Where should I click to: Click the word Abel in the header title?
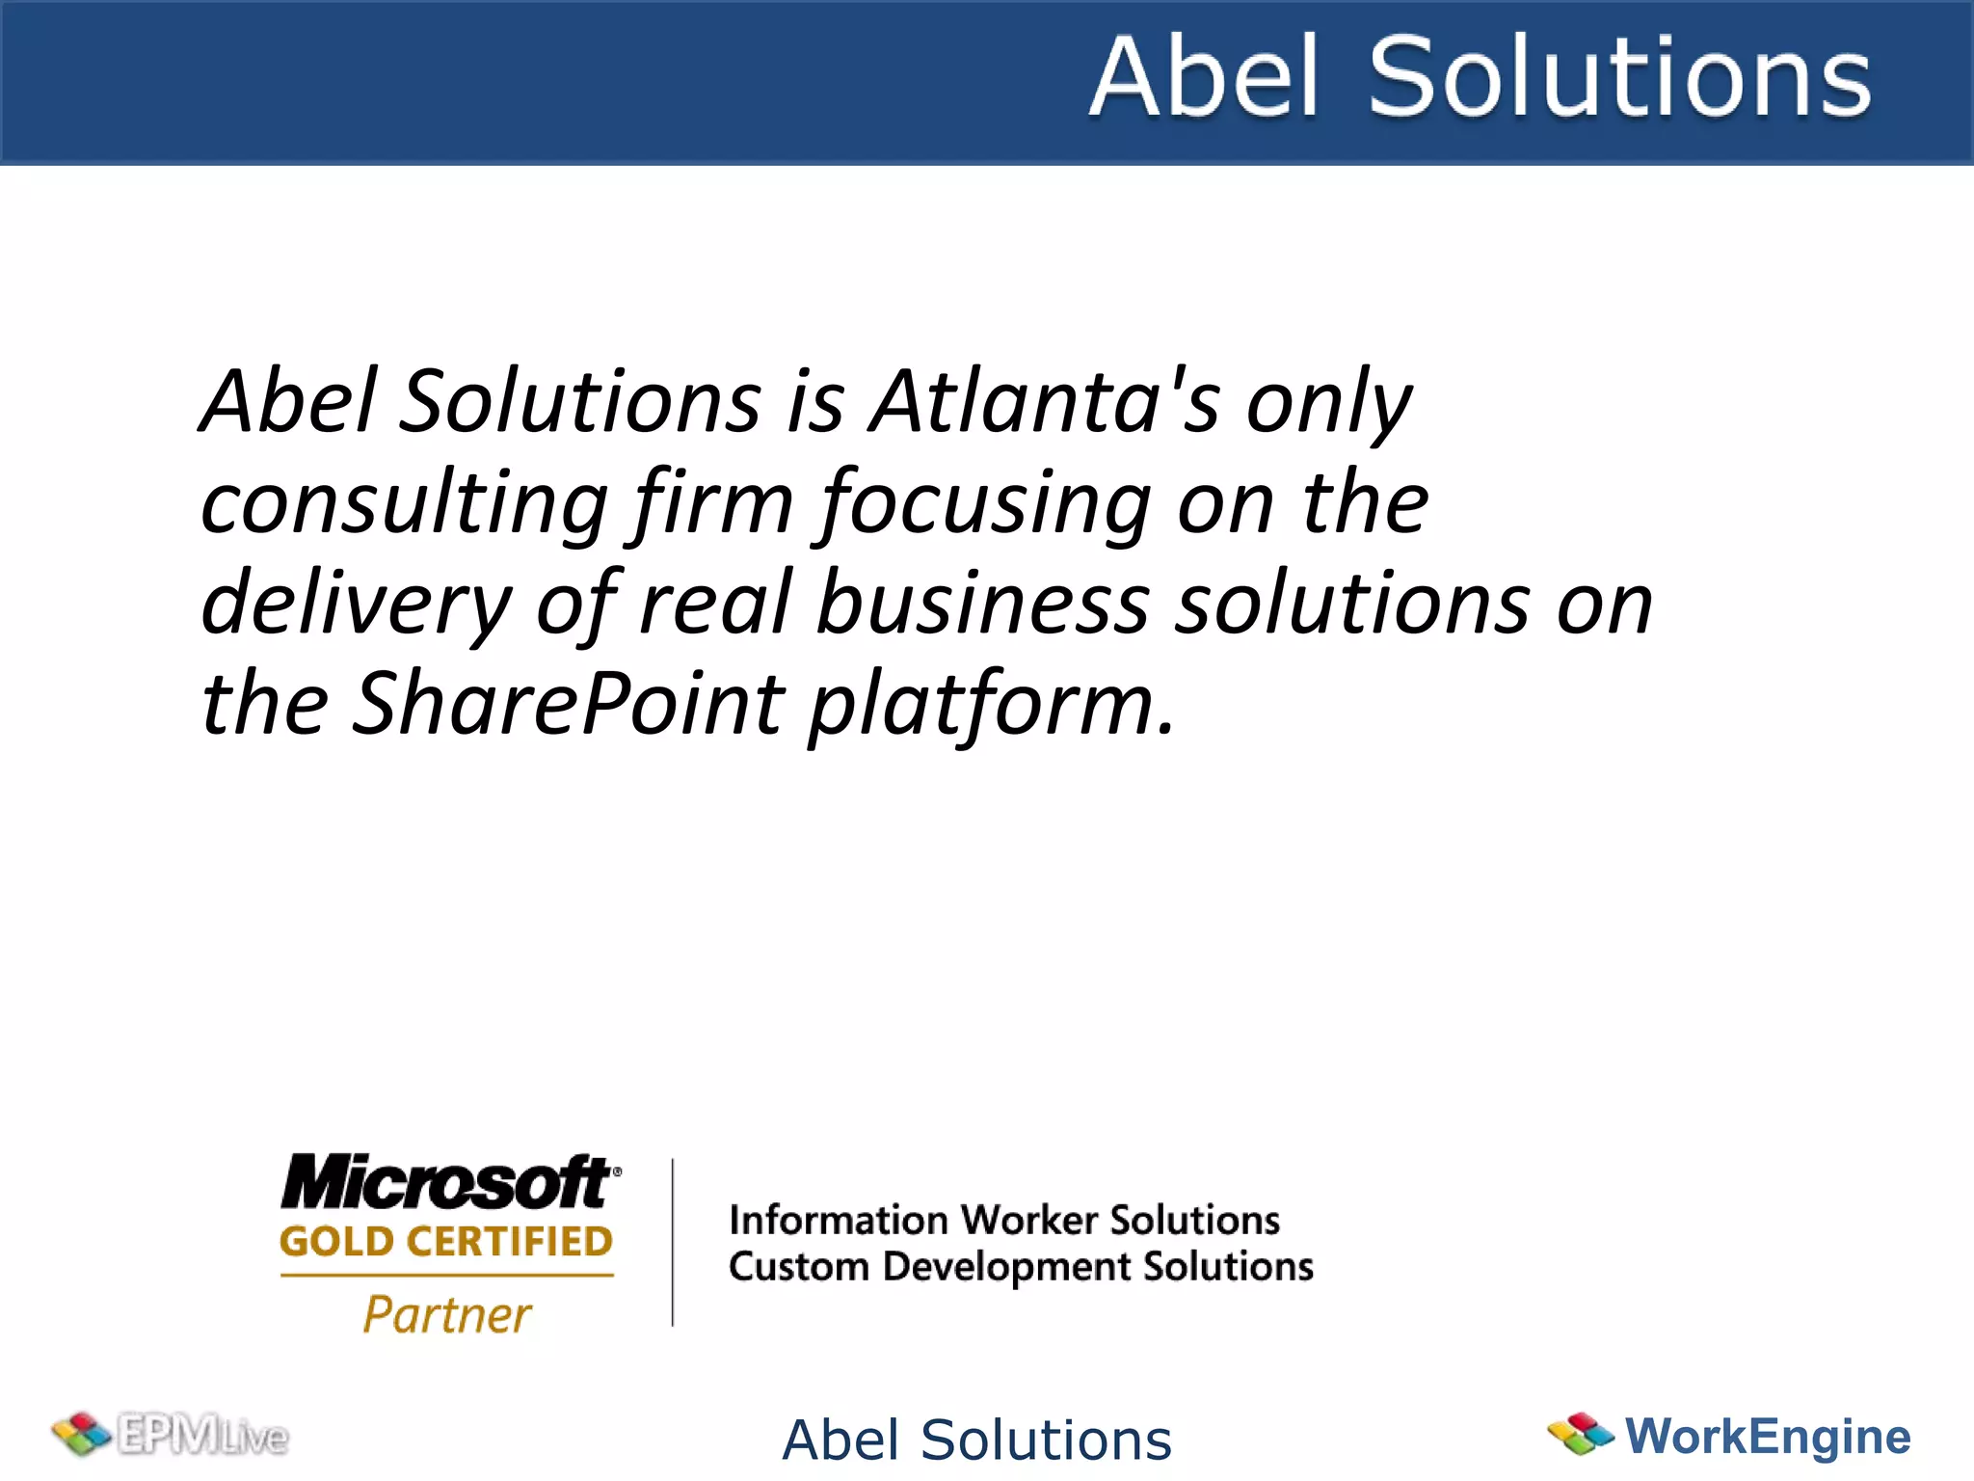click(x=1204, y=77)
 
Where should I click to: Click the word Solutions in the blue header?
click(x=1619, y=77)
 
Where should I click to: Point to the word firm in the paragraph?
click(x=713, y=503)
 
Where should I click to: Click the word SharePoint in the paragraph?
click(x=569, y=704)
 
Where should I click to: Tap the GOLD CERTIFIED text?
click(x=446, y=1242)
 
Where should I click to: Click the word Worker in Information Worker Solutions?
click(x=1029, y=1221)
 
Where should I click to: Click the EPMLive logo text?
click(x=202, y=1436)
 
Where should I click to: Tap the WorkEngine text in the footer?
click(x=1768, y=1436)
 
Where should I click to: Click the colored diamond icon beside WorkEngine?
click(x=1580, y=1434)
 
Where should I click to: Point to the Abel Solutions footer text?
click(x=976, y=1441)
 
